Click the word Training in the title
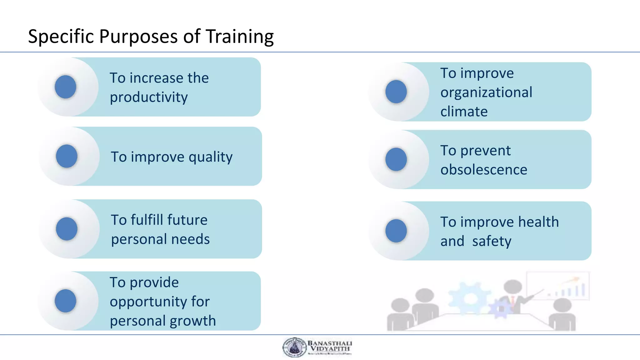pyautogui.click(x=239, y=37)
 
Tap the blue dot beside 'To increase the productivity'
pyautogui.click(x=65, y=87)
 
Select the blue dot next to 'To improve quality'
pyautogui.click(x=67, y=156)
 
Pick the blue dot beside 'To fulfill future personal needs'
pyautogui.click(x=67, y=229)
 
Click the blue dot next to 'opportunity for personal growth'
pyautogui.click(x=65, y=301)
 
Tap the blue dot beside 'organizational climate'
pyautogui.click(x=396, y=92)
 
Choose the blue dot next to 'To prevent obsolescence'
pyautogui.click(x=396, y=159)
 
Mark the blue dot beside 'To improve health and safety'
pyautogui.click(x=396, y=231)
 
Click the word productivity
pyautogui.click(x=149, y=97)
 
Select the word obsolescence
pyautogui.click(x=484, y=170)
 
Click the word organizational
pyautogui.click(x=486, y=92)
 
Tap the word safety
pyautogui.click(x=492, y=242)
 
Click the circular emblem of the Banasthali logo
pyautogui.click(x=294, y=347)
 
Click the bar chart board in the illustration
pyautogui.click(x=557, y=286)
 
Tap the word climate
pyautogui.click(x=464, y=112)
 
